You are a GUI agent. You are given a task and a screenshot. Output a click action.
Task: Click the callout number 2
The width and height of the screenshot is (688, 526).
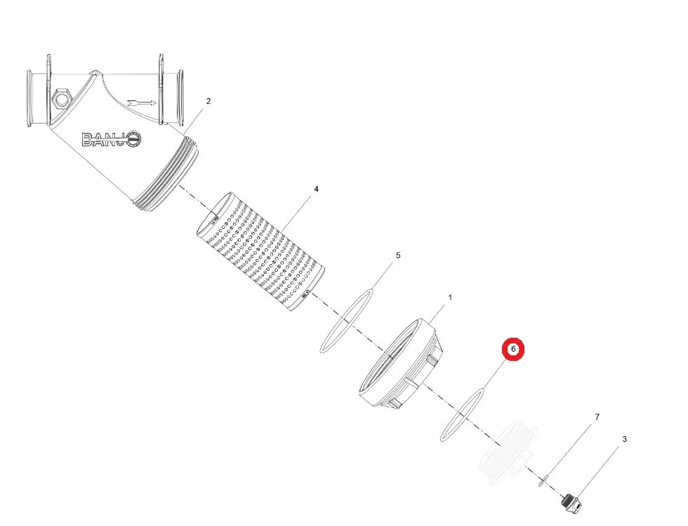[x=209, y=101]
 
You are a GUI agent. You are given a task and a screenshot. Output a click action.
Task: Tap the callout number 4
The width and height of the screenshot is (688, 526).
[x=317, y=189]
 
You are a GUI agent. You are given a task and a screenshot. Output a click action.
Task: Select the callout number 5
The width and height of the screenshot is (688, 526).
[x=398, y=255]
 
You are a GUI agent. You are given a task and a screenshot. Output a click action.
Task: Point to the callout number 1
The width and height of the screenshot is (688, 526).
[x=450, y=298]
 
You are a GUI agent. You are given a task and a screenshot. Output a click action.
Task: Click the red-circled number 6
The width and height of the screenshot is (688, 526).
[x=513, y=349]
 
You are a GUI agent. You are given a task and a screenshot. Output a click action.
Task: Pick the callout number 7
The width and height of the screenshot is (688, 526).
[x=597, y=416]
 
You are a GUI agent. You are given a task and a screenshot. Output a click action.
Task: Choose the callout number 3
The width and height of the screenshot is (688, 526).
[x=624, y=439]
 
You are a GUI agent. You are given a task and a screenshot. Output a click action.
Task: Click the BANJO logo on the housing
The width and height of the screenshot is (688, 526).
[x=112, y=140]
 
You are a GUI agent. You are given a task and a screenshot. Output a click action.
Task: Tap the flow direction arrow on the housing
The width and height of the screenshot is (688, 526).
[x=141, y=104]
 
